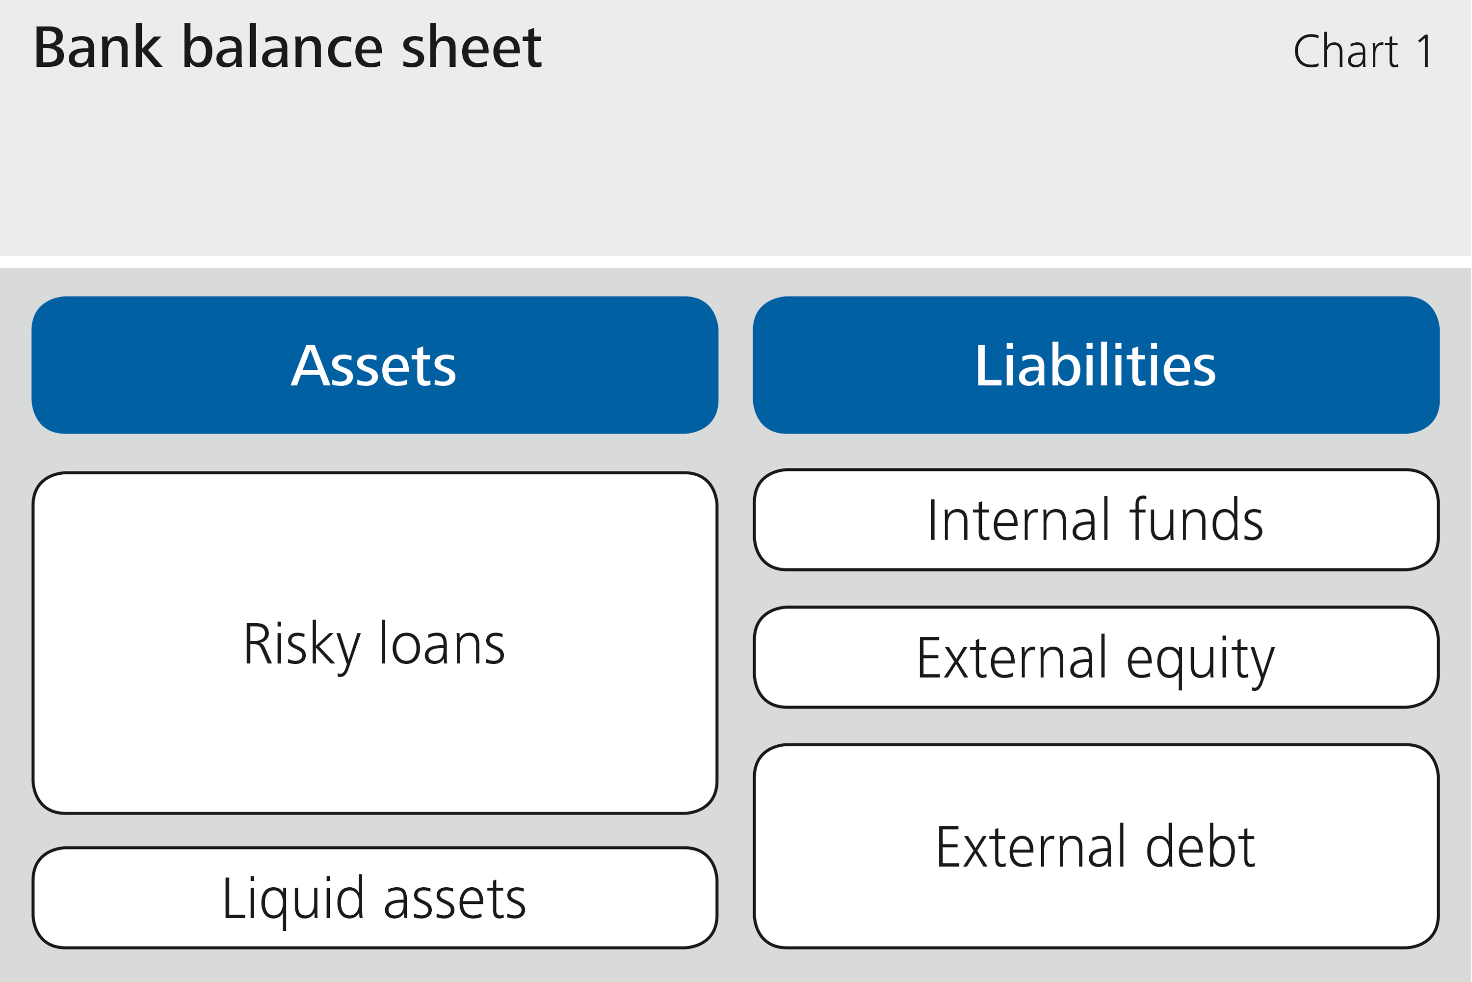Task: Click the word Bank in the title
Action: click(98, 48)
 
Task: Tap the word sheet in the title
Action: click(471, 48)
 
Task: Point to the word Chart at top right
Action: click(1345, 52)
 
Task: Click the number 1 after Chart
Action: click(1424, 52)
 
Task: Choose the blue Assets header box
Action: click(375, 365)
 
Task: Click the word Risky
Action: click(302, 645)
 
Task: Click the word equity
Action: click(1200, 659)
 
